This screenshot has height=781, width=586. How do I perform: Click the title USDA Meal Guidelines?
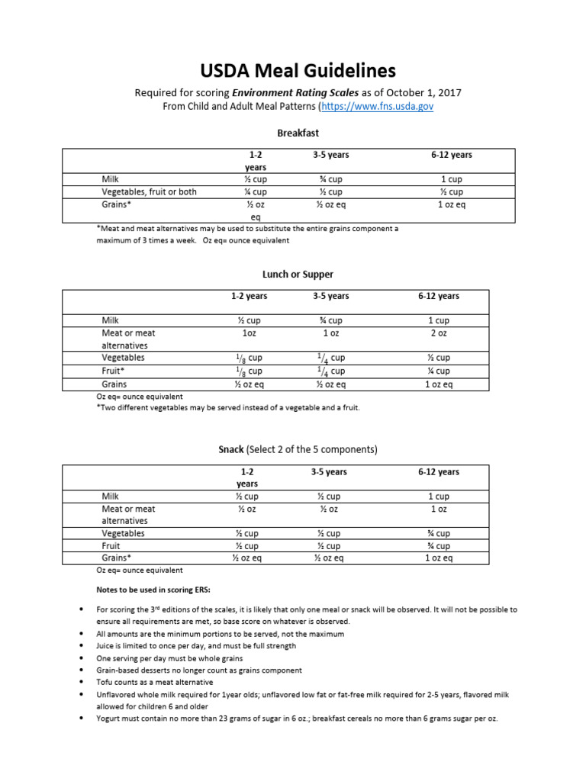[298, 71]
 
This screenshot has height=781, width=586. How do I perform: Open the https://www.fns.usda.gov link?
[377, 107]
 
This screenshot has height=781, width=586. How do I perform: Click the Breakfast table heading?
[298, 133]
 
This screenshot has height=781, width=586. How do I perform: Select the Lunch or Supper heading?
[298, 274]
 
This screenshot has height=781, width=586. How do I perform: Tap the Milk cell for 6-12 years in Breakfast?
[451, 179]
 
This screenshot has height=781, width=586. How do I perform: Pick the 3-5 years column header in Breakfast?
[330, 155]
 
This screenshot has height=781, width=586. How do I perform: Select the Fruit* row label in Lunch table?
[114, 371]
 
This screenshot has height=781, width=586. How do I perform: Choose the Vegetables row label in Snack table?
[123, 533]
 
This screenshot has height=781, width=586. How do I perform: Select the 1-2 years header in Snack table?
[247, 477]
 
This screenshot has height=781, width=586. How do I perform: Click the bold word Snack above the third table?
[231, 449]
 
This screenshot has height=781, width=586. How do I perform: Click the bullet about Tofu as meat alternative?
[155, 683]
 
